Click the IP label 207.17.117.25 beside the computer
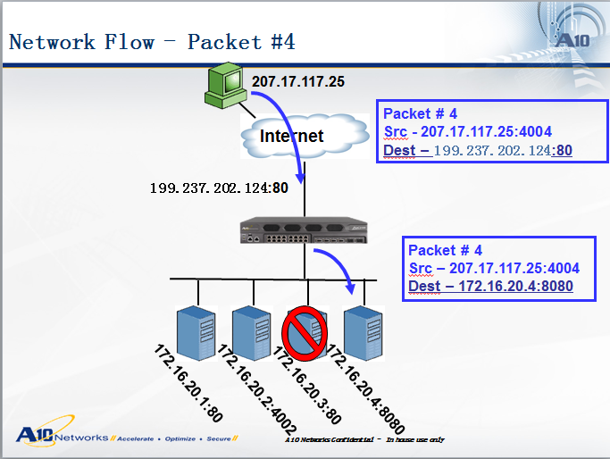pyautogui.click(x=297, y=82)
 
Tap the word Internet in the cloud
pyautogui.click(x=291, y=136)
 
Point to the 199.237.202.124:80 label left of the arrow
pyautogui.click(x=219, y=188)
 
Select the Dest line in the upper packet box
pyautogui.click(x=478, y=151)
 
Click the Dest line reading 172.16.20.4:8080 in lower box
pyautogui.click(x=490, y=286)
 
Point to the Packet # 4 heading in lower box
pyautogui.click(x=446, y=250)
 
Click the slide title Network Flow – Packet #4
pyautogui.click(x=152, y=42)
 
